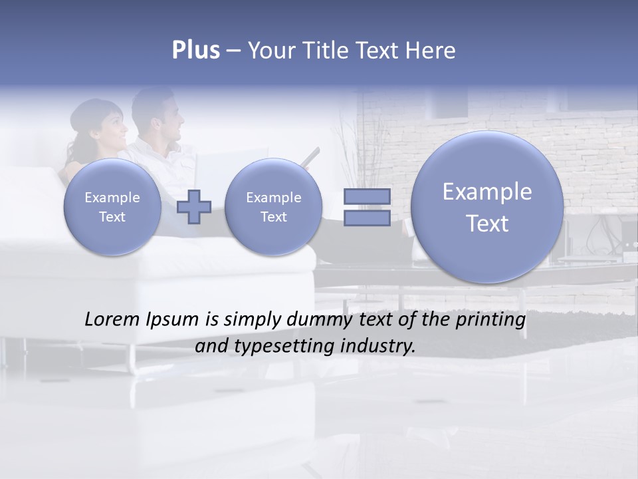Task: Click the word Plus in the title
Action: [x=195, y=51]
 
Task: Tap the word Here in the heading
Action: [x=431, y=51]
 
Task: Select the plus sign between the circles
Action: [x=194, y=207]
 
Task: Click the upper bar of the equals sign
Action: [x=367, y=197]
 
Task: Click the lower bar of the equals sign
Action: [x=367, y=218]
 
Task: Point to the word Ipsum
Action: [x=174, y=321]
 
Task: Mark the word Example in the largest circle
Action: [x=487, y=192]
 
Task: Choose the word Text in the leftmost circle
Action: [x=112, y=217]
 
